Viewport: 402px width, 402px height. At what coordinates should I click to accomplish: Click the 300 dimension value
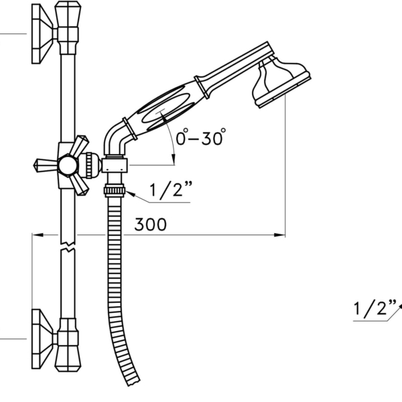(x=151, y=224)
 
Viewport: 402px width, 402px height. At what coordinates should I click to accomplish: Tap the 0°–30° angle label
(x=201, y=137)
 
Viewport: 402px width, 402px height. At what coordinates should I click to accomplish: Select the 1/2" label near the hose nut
(x=171, y=189)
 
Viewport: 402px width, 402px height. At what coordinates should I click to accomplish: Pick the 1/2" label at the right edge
(x=375, y=308)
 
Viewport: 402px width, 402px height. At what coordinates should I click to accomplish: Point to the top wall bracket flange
(x=41, y=33)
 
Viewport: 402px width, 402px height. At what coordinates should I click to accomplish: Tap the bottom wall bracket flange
(x=41, y=339)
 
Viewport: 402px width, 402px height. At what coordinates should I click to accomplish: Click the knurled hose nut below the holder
(x=115, y=190)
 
